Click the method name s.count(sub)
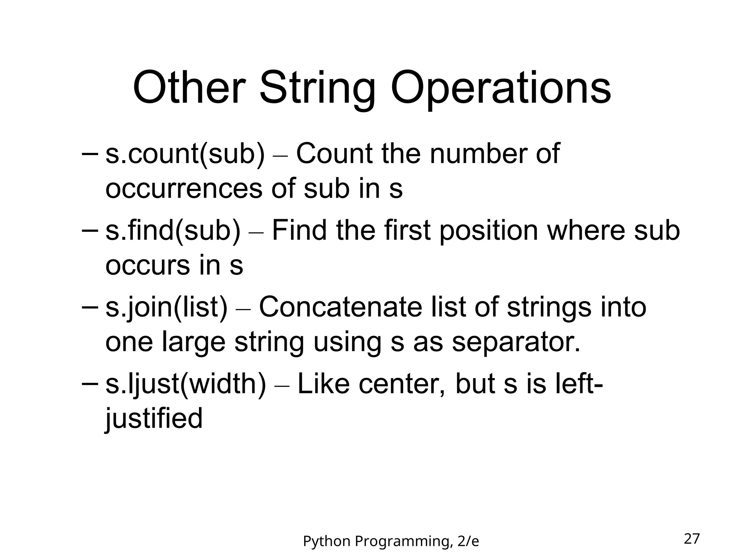point(185,154)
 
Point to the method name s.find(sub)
point(173,231)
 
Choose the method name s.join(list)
point(166,308)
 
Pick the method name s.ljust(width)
point(186,385)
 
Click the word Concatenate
point(340,307)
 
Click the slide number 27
point(692,539)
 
